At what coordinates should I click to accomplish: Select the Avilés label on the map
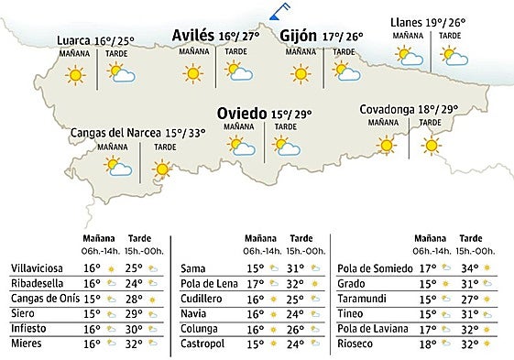(193, 36)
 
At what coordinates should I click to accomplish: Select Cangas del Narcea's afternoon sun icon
(162, 168)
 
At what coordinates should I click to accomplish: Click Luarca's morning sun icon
(75, 75)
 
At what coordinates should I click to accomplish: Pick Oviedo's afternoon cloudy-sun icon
(287, 147)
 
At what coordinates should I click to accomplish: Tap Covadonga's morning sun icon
(387, 144)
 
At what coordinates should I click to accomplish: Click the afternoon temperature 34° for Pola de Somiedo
(471, 267)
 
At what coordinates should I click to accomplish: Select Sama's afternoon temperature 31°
(295, 267)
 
